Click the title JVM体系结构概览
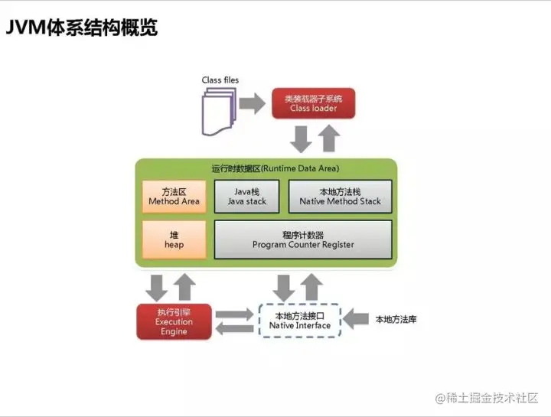[82, 28]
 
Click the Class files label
[220, 80]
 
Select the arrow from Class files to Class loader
[251, 103]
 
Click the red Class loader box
[313, 103]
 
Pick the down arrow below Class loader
[301, 138]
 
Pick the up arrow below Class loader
[329, 138]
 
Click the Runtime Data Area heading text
[275, 168]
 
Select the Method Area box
[174, 196]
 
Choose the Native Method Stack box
[339, 196]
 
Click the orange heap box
[174, 239]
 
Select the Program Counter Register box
[302, 239]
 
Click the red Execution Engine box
[174, 322]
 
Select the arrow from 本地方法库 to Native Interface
[357, 318]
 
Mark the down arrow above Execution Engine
[157, 286]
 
